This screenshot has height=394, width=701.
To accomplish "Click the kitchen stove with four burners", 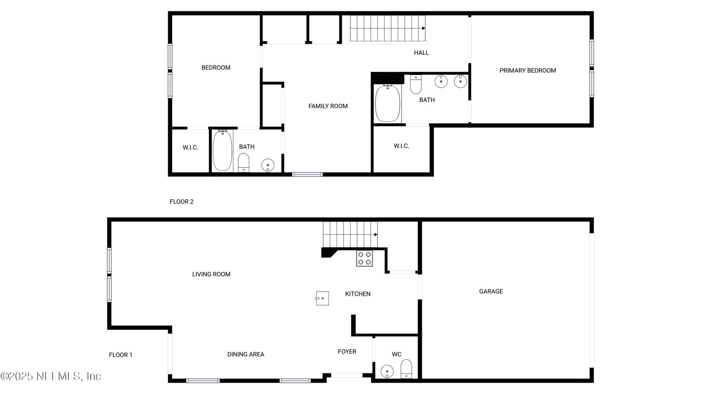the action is pyautogui.click(x=364, y=258).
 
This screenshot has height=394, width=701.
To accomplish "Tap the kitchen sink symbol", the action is pyautogui.click(x=322, y=298).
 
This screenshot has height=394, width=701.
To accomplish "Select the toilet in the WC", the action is pyautogui.click(x=406, y=369).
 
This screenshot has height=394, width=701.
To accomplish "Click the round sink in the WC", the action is pyautogui.click(x=387, y=372).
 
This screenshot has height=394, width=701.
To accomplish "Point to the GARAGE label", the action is pyautogui.click(x=491, y=292).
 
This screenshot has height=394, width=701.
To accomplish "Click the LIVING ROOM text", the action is pyautogui.click(x=211, y=274).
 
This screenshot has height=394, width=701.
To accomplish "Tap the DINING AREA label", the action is pyautogui.click(x=246, y=354).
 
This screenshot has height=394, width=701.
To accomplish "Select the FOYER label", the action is pyautogui.click(x=347, y=352).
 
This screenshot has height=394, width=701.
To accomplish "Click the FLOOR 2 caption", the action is pyautogui.click(x=181, y=202).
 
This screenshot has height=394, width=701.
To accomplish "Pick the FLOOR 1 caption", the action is pyautogui.click(x=120, y=355).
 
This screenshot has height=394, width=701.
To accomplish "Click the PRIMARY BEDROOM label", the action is pyautogui.click(x=528, y=70).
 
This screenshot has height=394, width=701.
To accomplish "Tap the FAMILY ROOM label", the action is pyautogui.click(x=328, y=106).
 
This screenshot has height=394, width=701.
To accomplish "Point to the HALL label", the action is pyautogui.click(x=421, y=53).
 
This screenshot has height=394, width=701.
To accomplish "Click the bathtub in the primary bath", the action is pyautogui.click(x=387, y=103).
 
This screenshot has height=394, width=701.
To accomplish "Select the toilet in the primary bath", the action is pyautogui.click(x=416, y=84).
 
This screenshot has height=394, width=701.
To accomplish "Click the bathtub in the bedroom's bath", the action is pyautogui.click(x=223, y=151).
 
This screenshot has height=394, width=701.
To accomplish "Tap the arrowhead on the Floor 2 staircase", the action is pyautogui.click(x=423, y=28).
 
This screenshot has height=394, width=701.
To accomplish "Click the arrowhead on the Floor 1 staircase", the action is pyautogui.click(x=375, y=235).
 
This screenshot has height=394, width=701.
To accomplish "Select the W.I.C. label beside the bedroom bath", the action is pyautogui.click(x=190, y=148).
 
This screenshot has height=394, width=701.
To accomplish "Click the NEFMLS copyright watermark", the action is pyautogui.click(x=51, y=376).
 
